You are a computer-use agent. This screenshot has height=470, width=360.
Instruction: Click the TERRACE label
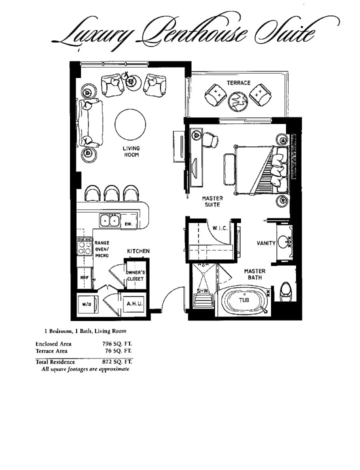click(x=238, y=82)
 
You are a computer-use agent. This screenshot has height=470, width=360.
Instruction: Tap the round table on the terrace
click(x=238, y=101)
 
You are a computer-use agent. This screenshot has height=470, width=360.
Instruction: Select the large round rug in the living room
click(x=130, y=124)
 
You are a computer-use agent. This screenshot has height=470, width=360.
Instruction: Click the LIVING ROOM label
click(x=131, y=151)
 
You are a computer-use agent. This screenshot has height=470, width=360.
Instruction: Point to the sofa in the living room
click(x=90, y=122)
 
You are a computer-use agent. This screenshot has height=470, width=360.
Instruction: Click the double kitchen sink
click(x=109, y=220)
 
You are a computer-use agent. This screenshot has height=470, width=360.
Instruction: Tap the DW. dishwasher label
click(x=128, y=224)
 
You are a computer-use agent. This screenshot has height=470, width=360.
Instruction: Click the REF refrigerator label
click(x=84, y=278)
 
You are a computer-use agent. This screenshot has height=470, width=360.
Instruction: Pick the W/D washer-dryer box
click(x=87, y=304)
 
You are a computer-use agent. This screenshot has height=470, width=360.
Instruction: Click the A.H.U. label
click(x=134, y=303)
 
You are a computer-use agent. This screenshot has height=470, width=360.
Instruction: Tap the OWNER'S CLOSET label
click(x=135, y=276)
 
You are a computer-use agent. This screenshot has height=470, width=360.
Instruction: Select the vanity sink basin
click(x=283, y=241)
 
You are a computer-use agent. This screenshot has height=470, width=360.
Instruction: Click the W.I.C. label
click(x=220, y=228)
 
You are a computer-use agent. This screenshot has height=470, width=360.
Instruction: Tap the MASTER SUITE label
click(x=212, y=201)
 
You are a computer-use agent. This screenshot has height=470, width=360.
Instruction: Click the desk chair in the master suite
click(x=210, y=140)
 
